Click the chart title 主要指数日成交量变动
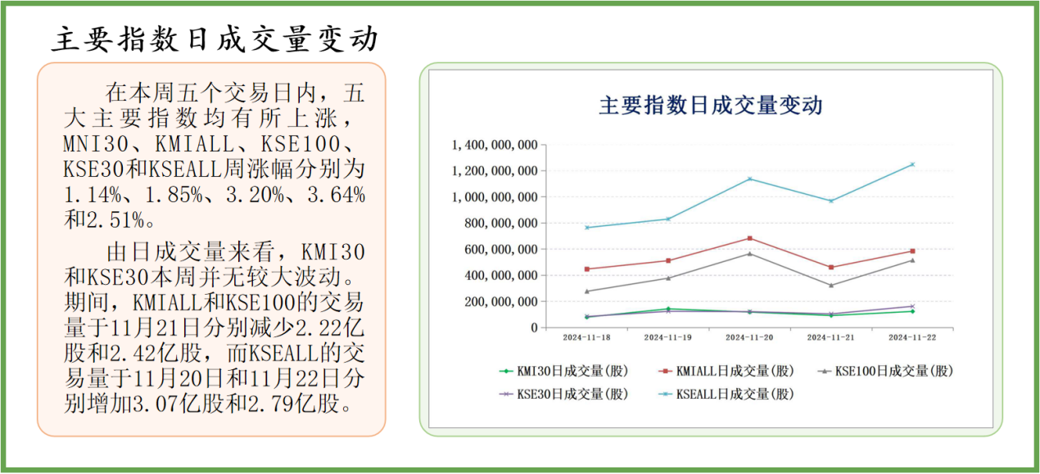coord(711,106)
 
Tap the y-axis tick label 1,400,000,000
coord(495,145)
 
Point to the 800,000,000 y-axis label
coord(500,223)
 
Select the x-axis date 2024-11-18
coord(586,337)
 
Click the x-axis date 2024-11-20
coord(749,337)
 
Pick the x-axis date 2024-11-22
coord(912,337)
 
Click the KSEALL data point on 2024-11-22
coord(912,165)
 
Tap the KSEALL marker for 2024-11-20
coord(749,179)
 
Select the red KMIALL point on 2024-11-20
coord(749,238)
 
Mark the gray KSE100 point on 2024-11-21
coord(831,285)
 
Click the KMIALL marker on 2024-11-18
coord(586,269)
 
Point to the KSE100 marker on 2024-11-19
coord(668,278)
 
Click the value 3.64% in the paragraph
coord(331,196)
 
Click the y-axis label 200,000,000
coord(500,302)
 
